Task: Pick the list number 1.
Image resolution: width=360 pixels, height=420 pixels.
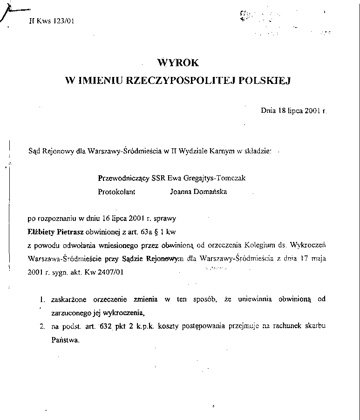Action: (x=42, y=299)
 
